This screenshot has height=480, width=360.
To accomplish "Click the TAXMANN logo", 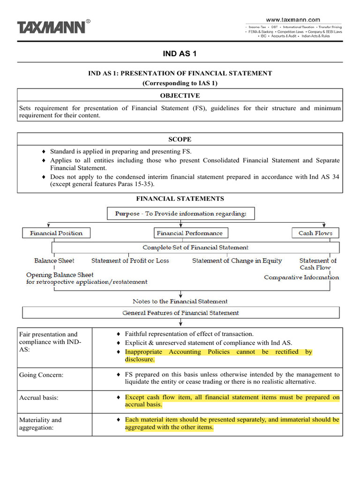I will (x=52, y=27).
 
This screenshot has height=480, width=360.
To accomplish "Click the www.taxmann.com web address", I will (x=293, y=20).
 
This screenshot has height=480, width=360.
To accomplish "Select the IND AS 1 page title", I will (x=180, y=53).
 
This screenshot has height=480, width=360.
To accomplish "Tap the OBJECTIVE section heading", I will (x=180, y=96).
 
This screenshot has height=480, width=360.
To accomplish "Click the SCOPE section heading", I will (x=180, y=140).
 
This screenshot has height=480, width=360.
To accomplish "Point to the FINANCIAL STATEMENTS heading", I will (x=180, y=199).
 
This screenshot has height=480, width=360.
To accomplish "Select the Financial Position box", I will (x=56, y=233).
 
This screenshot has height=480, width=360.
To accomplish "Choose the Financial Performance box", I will (x=190, y=233).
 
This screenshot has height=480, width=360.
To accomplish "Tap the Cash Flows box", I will (x=315, y=233).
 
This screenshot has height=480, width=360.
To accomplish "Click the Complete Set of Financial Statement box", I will (x=195, y=247).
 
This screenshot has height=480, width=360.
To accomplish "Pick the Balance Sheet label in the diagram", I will (x=54, y=261).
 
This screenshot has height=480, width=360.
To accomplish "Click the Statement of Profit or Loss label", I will (x=130, y=261).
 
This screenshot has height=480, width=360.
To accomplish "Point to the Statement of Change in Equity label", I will (x=237, y=261).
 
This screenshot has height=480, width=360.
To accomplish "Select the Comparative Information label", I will (x=301, y=277).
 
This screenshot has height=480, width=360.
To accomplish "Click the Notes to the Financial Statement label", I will (x=180, y=301).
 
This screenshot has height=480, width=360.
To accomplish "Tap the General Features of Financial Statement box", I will (x=180, y=313).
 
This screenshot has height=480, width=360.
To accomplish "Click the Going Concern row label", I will (x=42, y=375).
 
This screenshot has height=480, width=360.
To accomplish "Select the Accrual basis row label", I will (x=39, y=397).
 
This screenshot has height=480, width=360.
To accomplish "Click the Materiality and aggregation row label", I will (x=40, y=424).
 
